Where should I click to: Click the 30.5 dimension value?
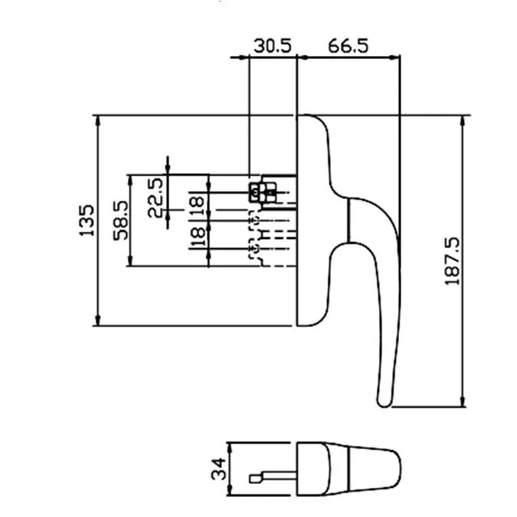coord(273,45)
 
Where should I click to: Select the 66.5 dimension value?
coord(348,45)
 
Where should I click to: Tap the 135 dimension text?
coord(87,221)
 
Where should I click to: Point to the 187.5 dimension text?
coord(452,260)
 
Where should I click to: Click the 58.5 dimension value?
coord(121,221)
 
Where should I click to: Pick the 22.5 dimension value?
coord(155,198)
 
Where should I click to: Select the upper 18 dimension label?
coord(198,206)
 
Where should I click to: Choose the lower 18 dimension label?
coord(198,237)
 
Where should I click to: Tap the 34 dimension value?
coord(219,469)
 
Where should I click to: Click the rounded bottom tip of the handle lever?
coord(384,404)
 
